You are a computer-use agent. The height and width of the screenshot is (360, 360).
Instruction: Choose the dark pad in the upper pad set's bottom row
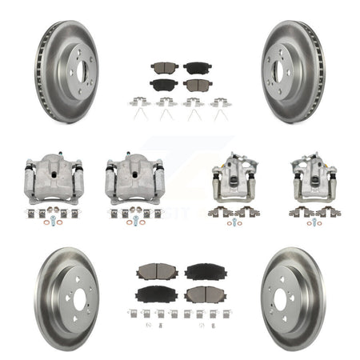[x=163, y=84]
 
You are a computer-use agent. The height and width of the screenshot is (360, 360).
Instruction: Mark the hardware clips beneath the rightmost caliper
[x=314, y=214]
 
